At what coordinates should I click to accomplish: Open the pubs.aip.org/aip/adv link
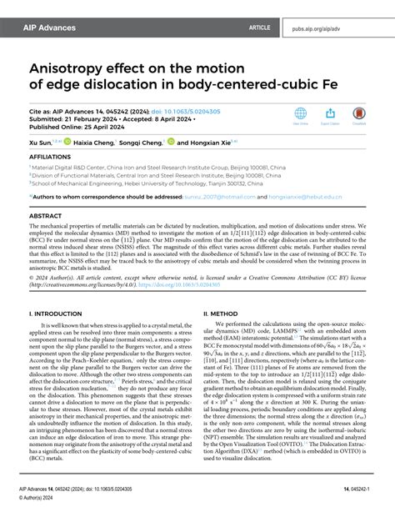342,28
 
